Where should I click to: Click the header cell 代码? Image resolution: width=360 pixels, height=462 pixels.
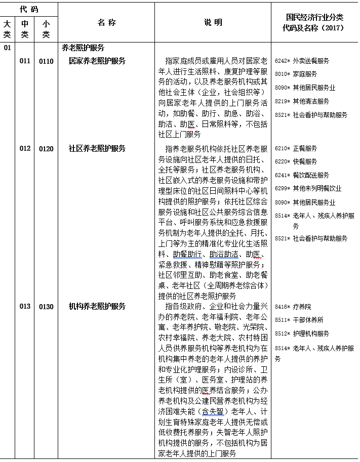(29, 9)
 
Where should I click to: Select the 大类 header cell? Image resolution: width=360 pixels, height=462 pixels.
(7, 29)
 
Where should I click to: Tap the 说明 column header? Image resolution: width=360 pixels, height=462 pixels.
(213, 23)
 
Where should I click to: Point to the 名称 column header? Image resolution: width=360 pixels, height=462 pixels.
(106, 23)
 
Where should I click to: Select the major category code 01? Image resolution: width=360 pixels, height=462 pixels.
(7, 48)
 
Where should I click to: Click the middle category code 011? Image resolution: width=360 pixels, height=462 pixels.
(25, 61)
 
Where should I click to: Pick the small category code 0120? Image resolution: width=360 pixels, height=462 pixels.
(46, 149)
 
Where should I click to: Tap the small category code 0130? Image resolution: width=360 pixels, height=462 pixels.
(46, 307)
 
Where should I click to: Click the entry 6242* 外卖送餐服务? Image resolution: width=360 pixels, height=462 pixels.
(302, 61)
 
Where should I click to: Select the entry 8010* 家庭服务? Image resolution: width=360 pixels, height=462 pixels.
(296, 74)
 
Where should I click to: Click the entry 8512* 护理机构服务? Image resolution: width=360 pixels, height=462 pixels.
(302, 334)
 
